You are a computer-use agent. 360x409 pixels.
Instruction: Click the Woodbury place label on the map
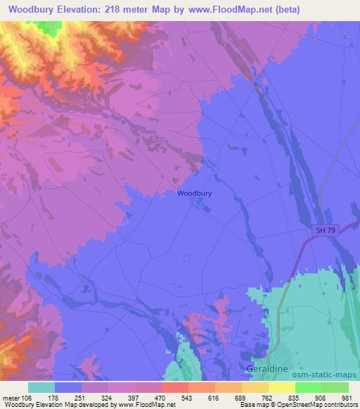pyautogui.click(x=195, y=193)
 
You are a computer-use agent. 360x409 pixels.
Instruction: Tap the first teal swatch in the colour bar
pyautogui.click(x=41, y=387)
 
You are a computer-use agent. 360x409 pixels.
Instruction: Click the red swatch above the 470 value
pyautogui.click(x=174, y=387)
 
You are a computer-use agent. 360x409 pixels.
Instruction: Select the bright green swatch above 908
pyautogui.click(x=309, y=387)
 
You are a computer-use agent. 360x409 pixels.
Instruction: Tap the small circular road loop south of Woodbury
pyautogui.click(x=186, y=258)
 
